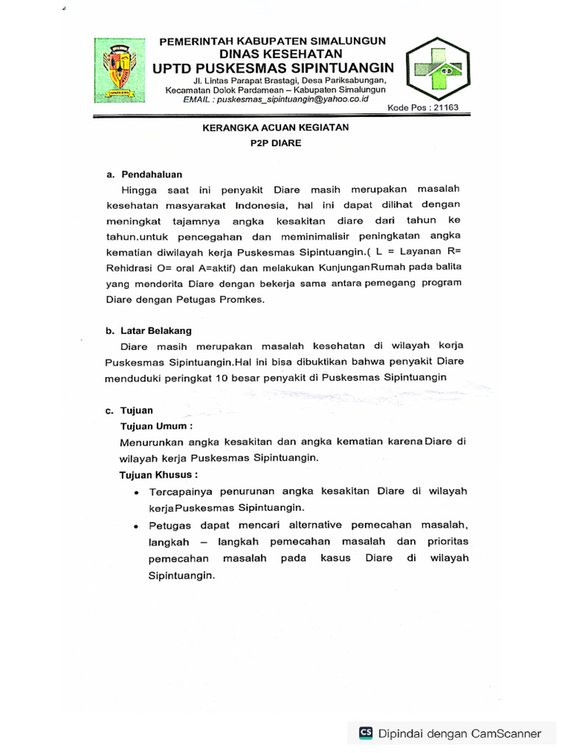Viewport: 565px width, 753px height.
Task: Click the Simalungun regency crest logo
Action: click(x=120, y=71)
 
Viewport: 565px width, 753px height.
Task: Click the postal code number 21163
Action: click(x=447, y=108)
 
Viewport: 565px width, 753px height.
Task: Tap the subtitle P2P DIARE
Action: click(x=276, y=143)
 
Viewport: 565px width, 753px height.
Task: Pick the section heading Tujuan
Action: click(x=137, y=410)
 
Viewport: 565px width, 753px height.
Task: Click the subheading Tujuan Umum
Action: click(x=157, y=426)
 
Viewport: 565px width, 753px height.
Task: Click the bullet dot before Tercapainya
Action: click(x=137, y=492)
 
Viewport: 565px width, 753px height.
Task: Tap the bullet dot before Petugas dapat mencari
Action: click(x=137, y=527)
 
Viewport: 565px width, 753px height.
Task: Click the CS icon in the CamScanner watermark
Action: click(x=366, y=732)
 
